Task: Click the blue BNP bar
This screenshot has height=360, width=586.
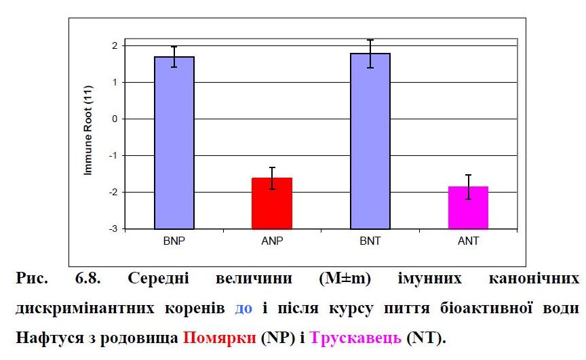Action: [x=174, y=142]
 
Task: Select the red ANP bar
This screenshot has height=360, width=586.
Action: [x=272, y=203]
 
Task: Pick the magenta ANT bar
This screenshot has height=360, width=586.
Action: [x=468, y=207]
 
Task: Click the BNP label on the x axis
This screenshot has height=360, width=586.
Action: [x=174, y=241]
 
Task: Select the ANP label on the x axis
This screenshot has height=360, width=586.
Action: [x=272, y=241]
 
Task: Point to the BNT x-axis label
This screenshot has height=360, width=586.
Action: [x=370, y=241]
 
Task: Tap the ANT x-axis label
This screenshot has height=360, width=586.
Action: [x=468, y=241]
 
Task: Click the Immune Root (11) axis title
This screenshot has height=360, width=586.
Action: [x=88, y=136]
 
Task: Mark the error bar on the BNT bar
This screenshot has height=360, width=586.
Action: [x=370, y=54]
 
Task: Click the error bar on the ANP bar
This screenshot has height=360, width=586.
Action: [x=272, y=178]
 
